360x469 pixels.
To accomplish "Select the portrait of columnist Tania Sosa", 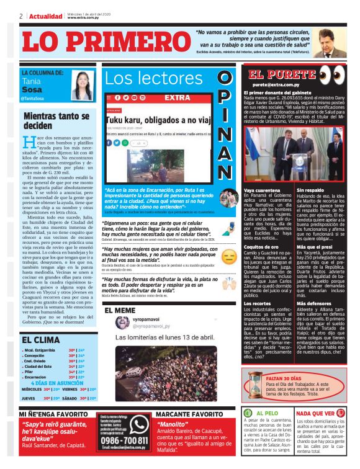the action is pyautogui.click(x=82, y=84).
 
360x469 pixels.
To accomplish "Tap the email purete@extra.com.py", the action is pyautogui.click(x=277, y=84).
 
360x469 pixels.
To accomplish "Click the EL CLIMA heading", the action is pyautogui.click(x=42, y=340).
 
